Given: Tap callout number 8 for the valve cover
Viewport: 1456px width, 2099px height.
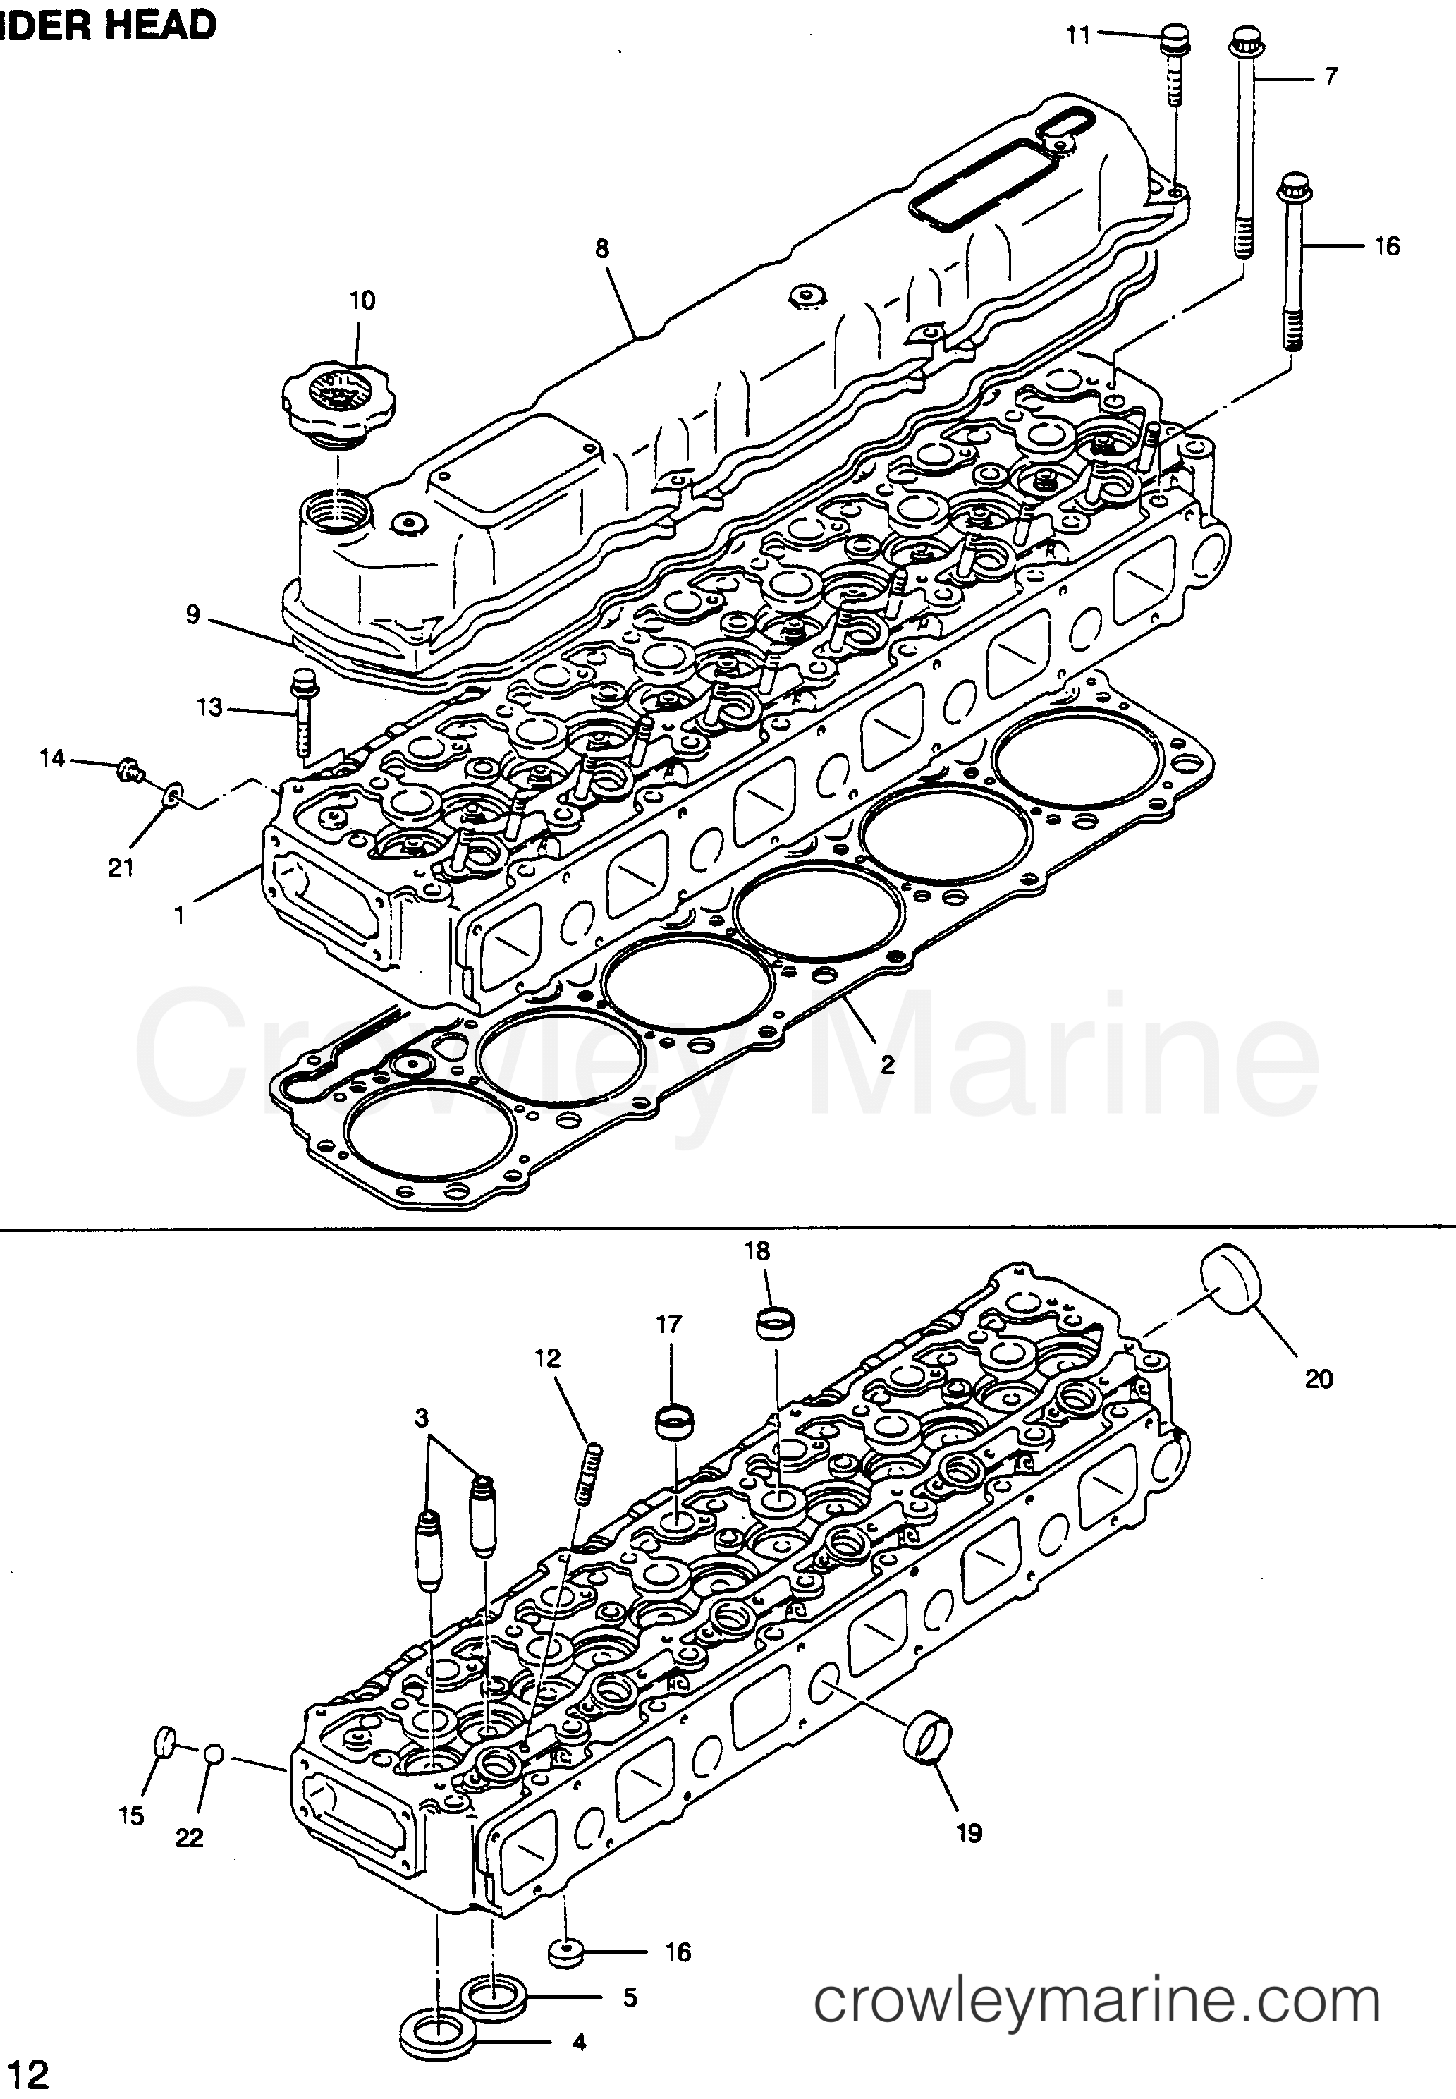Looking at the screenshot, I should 602,248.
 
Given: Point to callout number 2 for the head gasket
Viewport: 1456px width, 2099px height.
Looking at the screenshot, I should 887,1064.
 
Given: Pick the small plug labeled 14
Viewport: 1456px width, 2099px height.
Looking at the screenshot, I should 128,772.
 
